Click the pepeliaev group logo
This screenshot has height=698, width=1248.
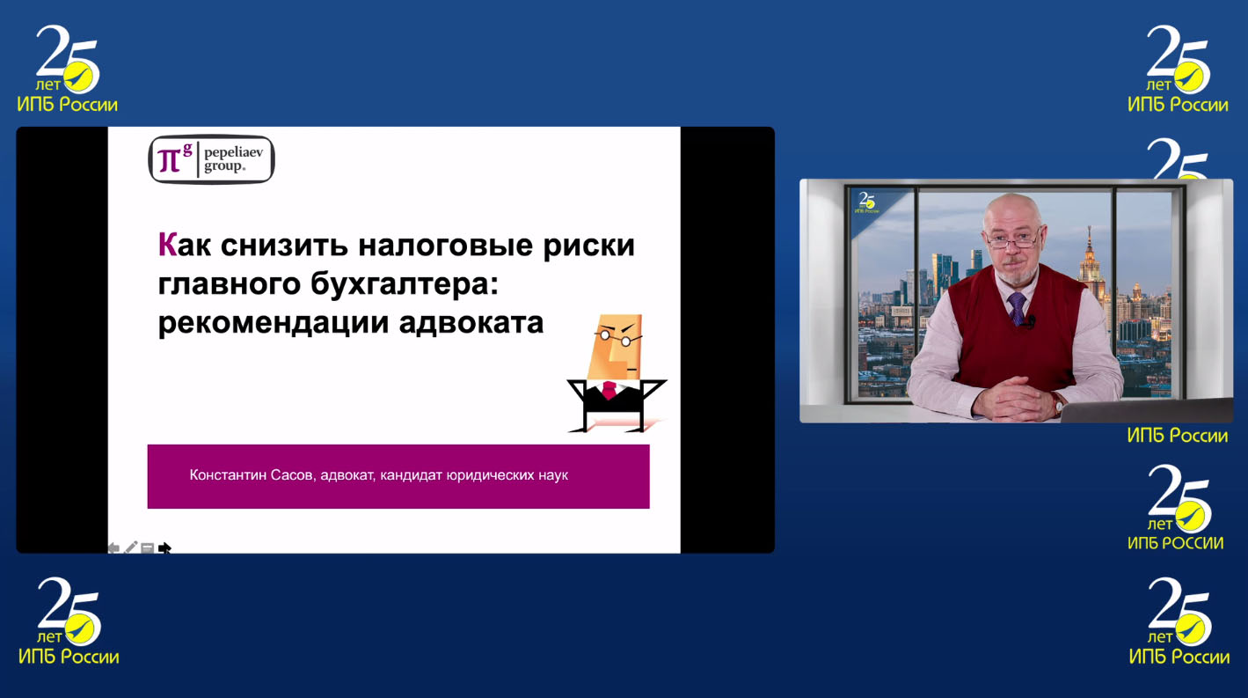[211, 159]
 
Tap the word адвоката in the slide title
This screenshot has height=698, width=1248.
[471, 323]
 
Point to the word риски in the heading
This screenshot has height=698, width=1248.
[589, 246]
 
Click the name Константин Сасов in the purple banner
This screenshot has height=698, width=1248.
[252, 475]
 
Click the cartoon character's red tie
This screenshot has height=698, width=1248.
[609, 390]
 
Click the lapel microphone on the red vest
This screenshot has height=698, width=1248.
[1030, 321]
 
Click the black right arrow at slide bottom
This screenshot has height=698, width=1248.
[164, 548]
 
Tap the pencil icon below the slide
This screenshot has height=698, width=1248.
[130, 547]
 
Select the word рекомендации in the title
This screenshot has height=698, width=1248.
[274, 323]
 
